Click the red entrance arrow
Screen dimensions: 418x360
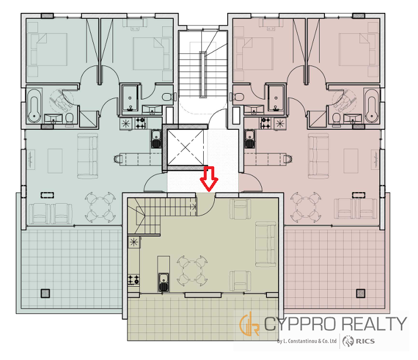tap(209, 179)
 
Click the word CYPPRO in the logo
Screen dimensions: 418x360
tap(301, 324)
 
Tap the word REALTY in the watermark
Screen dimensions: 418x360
tap(374, 324)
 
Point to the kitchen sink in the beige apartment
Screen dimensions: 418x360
tap(163, 282)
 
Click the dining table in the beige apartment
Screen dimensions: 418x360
tap(192, 271)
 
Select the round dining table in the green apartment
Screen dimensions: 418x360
tap(100, 207)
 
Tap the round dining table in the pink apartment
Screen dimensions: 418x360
tap(306, 207)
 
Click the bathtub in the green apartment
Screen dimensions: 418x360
tap(35, 105)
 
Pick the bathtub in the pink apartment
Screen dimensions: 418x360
tap(372, 105)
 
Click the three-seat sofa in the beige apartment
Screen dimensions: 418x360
tap(266, 244)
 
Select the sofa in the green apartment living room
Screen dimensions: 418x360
tap(87, 156)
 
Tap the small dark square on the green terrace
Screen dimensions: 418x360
tap(46, 293)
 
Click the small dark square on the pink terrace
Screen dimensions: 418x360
tap(361, 293)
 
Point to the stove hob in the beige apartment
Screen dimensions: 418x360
tap(133, 280)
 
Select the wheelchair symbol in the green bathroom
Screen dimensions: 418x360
tap(61, 101)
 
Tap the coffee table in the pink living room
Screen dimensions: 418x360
tap(351, 160)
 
